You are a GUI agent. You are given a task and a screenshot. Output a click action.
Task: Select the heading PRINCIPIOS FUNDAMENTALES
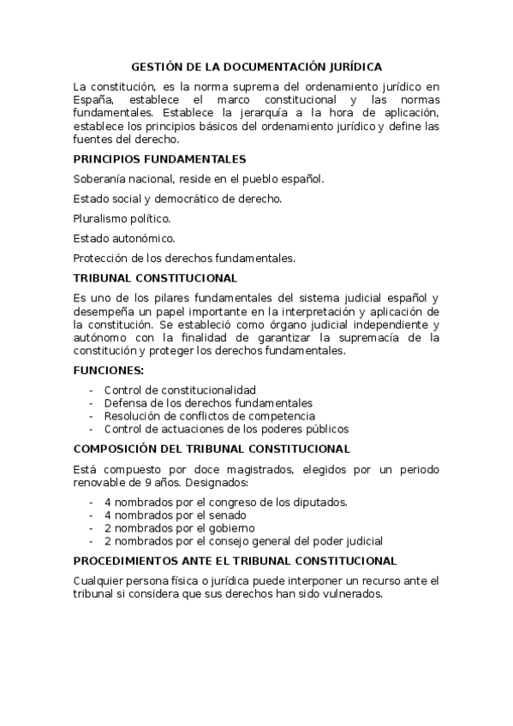pos(159,159)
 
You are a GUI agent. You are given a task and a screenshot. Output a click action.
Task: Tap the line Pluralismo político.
pos(122,218)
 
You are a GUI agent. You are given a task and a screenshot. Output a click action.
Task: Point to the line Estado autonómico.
pos(124,238)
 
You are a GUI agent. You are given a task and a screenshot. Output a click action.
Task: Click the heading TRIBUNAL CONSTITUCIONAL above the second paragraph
pos(155,278)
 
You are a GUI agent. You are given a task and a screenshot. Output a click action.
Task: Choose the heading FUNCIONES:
pos(109,371)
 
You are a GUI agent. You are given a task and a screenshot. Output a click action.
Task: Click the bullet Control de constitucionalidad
pos(180,390)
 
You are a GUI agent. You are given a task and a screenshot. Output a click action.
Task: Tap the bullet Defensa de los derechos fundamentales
pos(208,403)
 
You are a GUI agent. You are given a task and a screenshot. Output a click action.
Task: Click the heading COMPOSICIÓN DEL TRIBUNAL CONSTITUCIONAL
pos(212,449)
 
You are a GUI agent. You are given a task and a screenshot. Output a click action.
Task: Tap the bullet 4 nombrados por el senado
pos(176,515)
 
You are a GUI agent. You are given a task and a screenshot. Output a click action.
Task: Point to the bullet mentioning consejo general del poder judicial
pos(243,541)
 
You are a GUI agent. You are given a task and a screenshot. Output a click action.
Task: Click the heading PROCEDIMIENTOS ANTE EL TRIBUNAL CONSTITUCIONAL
pos(235,561)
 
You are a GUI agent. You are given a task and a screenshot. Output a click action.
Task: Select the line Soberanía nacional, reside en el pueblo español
pos(199,179)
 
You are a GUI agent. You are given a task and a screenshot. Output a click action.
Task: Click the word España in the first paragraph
pos(92,99)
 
